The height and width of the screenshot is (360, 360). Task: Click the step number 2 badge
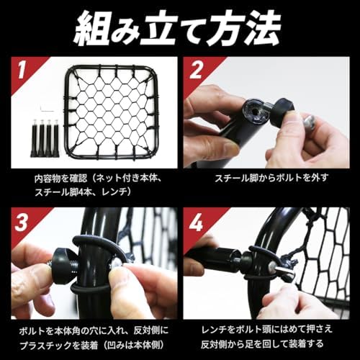196,70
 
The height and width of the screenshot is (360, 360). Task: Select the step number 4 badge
196,222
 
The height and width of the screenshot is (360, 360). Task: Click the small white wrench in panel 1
47,109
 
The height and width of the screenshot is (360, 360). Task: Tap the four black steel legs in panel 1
45,138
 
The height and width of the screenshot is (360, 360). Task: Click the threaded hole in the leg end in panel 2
255,113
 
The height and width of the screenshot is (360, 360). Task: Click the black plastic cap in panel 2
282,111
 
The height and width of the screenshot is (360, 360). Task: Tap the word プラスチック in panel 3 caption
43,345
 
